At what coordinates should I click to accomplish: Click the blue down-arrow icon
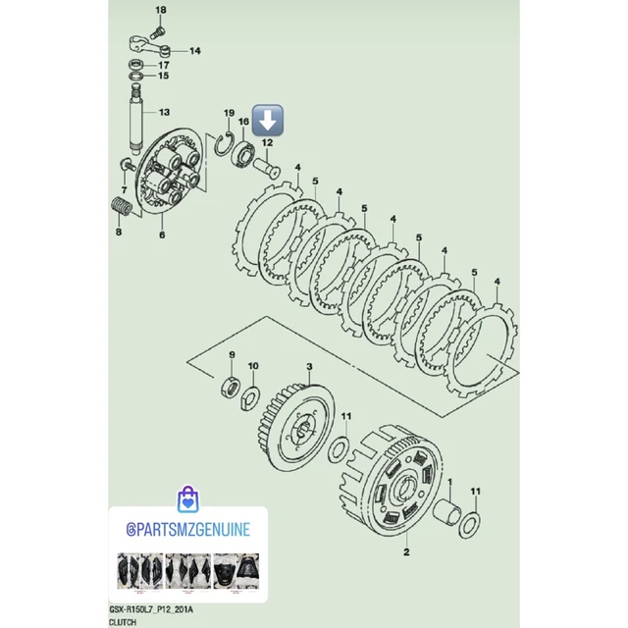[268, 120]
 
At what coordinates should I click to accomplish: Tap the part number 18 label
[161, 10]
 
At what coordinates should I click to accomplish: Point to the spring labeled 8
[122, 206]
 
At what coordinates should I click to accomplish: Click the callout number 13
[164, 112]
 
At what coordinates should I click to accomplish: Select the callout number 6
[162, 235]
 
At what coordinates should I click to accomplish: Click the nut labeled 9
[231, 388]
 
